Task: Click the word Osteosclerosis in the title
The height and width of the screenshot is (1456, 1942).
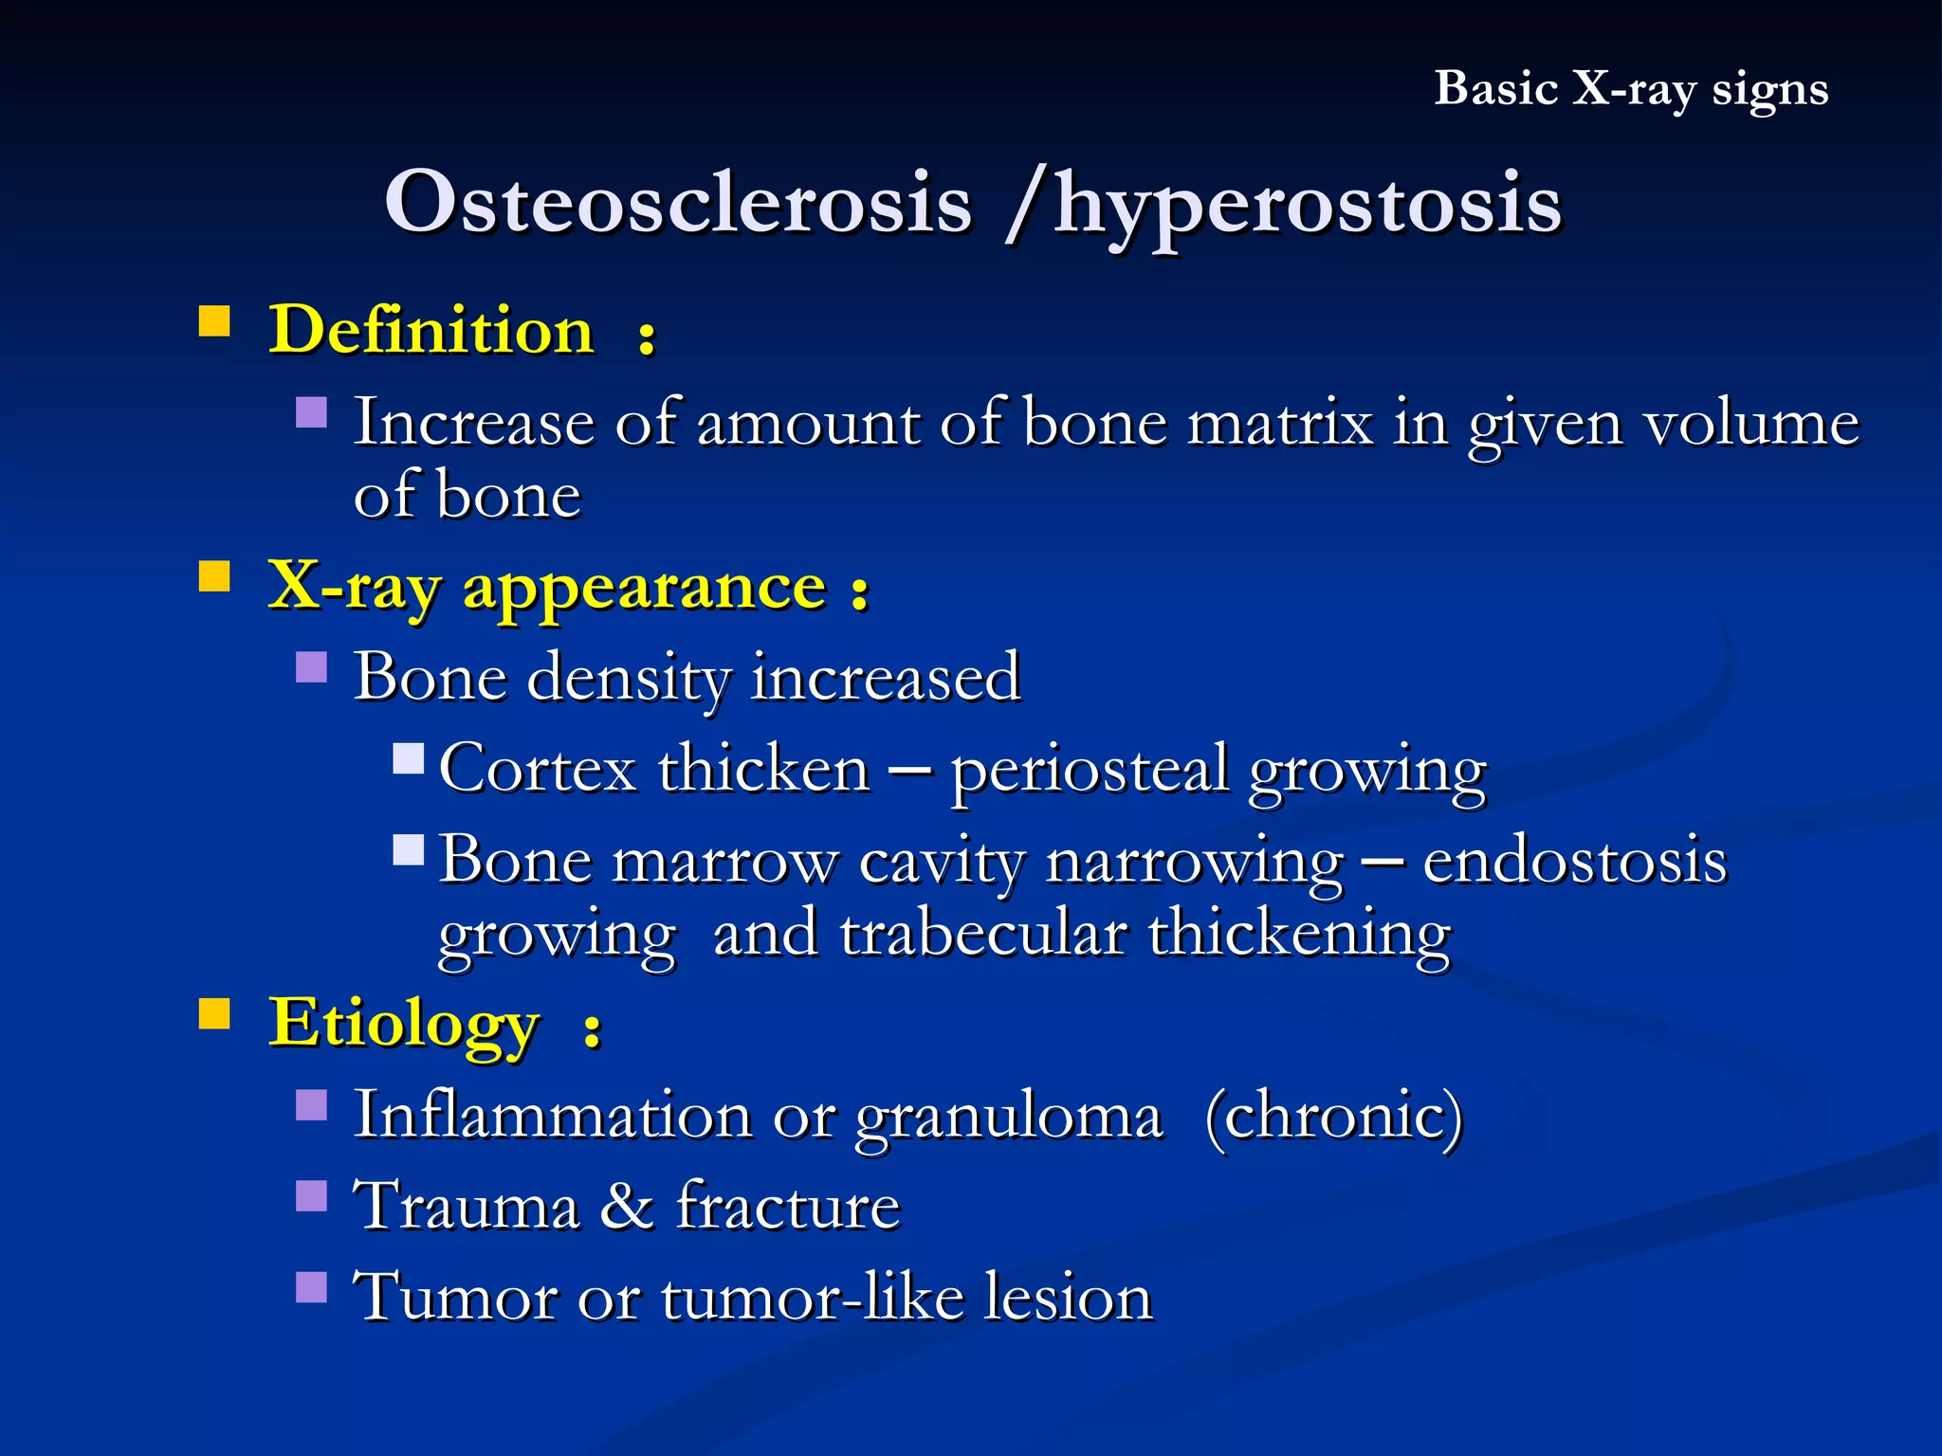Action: [678, 202]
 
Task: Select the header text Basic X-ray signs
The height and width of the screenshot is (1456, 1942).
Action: [1630, 89]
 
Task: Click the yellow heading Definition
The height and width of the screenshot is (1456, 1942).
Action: [431, 331]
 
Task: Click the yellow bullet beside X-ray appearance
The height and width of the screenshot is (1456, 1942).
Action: [214, 576]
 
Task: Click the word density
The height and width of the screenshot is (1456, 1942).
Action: [628, 678]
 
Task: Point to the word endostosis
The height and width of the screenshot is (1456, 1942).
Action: [1574, 861]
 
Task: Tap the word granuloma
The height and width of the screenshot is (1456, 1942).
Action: [1008, 1117]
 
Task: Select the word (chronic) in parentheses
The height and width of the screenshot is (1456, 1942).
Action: [1333, 1115]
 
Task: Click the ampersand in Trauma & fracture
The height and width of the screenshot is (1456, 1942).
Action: [627, 1207]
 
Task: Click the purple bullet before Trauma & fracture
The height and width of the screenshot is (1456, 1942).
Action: [311, 1196]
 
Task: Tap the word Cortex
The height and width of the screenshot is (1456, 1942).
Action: [537, 768]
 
